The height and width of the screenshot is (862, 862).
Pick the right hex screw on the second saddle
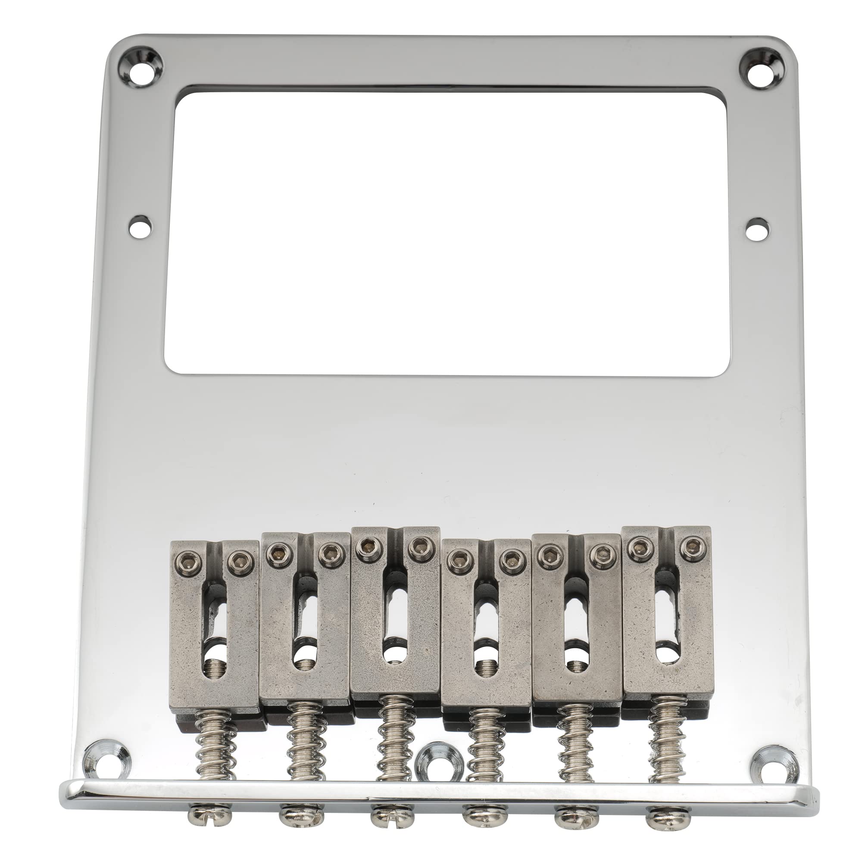click(x=331, y=552)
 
